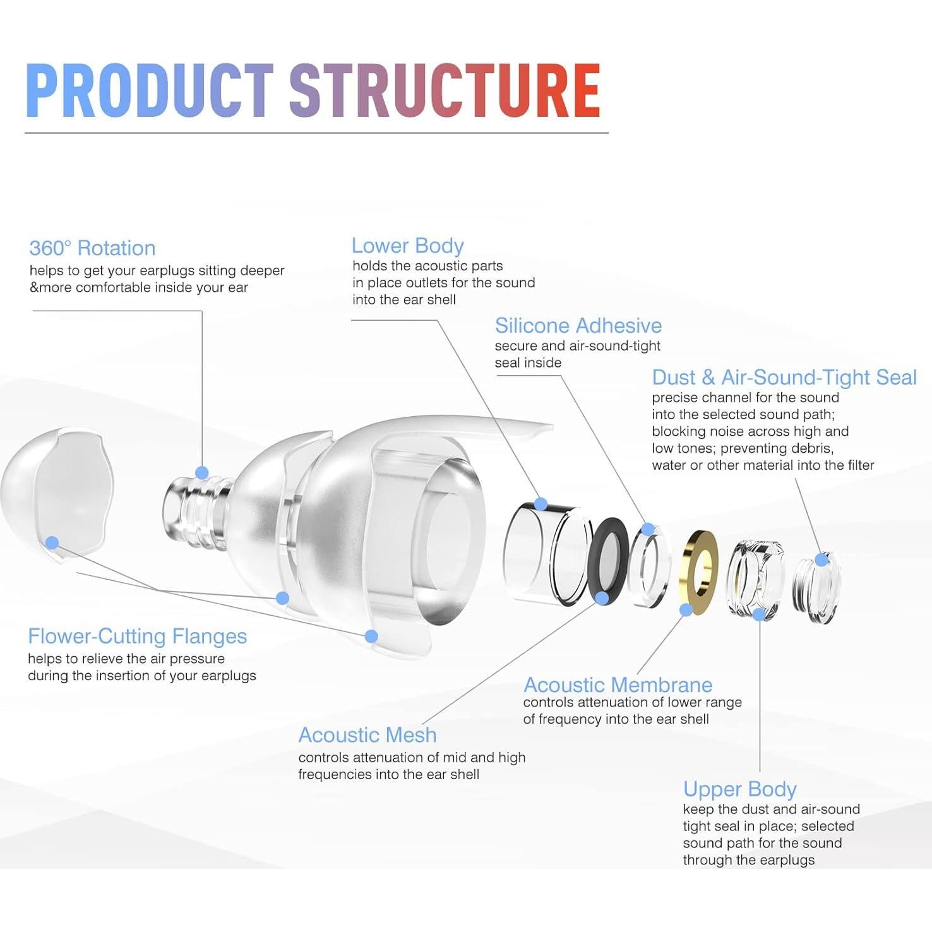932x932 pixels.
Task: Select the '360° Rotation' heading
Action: tap(92, 248)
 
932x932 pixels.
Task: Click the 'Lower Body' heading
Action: tap(407, 246)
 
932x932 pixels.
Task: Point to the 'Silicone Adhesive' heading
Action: tap(578, 326)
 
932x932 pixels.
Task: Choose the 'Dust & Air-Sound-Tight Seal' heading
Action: tap(784, 378)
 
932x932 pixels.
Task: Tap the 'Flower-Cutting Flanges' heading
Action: tap(137, 636)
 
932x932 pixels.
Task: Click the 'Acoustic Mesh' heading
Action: tap(367, 735)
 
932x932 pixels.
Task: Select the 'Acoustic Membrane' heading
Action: tap(618, 684)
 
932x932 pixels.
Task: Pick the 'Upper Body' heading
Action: tap(739, 789)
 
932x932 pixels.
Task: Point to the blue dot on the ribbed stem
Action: tap(202, 472)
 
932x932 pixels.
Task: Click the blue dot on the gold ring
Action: tap(686, 610)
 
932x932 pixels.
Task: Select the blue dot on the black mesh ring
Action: tap(602, 598)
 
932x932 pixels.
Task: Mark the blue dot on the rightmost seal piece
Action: tap(821, 559)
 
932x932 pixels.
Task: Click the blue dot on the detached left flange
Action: tap(52, 542)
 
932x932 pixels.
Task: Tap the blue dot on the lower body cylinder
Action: tap(541, 504)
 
